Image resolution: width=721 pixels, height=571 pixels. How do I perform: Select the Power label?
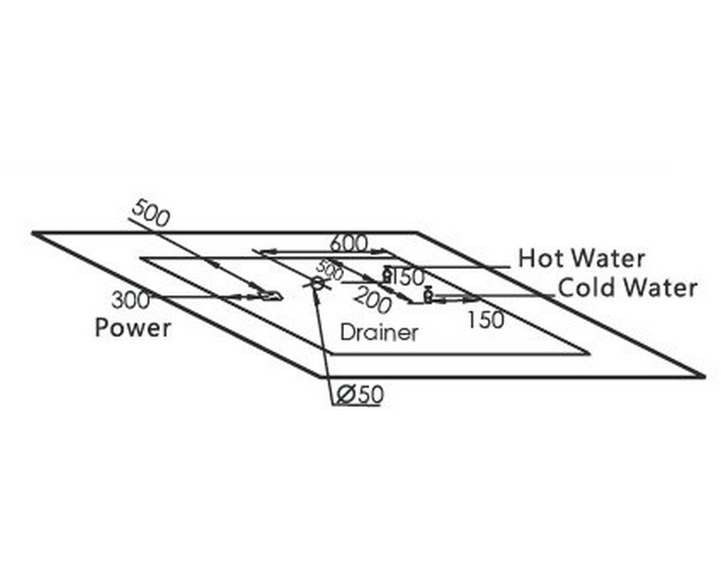tap(133, 328)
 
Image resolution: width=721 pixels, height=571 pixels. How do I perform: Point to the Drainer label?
tap(379, 333)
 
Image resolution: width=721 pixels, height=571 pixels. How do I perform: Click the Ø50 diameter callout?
tap(360, 395)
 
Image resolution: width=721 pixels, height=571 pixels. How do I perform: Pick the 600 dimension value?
tap(349, 243)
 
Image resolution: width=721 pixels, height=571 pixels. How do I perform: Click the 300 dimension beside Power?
tap(131, 300)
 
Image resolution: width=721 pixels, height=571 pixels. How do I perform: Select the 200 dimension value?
tap(373, 299)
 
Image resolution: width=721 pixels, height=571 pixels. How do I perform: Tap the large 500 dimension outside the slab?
tap(151, 213)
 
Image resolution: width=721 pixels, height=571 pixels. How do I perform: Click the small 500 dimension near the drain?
tap(330, 270)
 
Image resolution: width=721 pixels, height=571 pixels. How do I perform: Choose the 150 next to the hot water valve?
tap(408, 277)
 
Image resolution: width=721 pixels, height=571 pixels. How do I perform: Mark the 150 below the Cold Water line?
tap(485, 320)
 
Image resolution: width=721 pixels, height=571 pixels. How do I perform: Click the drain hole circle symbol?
tap(317, 283)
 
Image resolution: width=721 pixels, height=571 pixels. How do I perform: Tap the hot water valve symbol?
tap(387, 275)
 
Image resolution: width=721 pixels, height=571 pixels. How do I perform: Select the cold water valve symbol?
tap(428, 295)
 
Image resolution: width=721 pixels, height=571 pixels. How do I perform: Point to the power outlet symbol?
tap(271, 295)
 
